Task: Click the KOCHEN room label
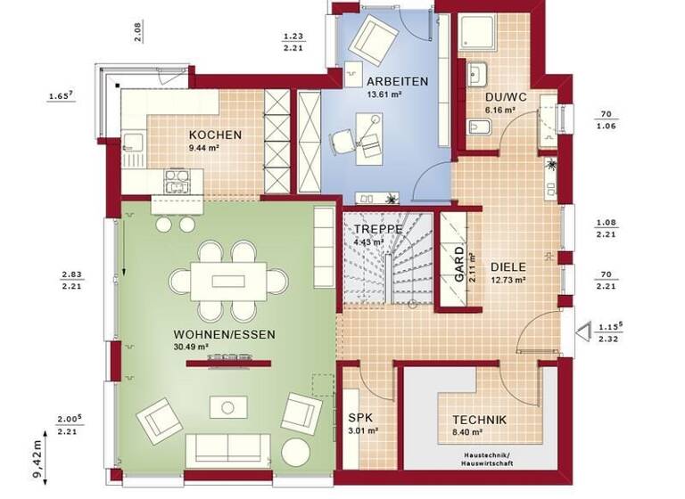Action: point(215,135)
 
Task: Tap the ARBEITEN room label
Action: point(398,81)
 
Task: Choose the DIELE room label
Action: point(508,266)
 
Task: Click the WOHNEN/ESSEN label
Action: point(224,334)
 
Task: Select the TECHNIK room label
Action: point(479,420)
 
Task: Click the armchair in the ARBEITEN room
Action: point(376,38)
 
